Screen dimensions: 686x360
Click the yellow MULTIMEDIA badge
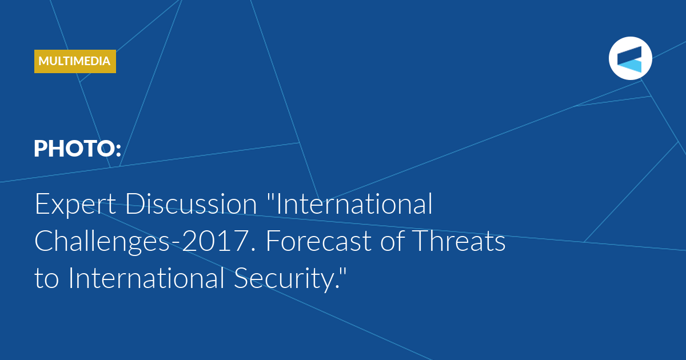75,61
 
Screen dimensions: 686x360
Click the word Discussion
191,203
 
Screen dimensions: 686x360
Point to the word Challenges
102,242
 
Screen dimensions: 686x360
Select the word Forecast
318,241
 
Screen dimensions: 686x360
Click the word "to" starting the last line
46,279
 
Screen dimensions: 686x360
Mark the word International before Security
146,278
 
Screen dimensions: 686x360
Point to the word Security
283,279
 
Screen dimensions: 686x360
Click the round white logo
630,58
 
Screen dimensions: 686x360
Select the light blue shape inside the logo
632,66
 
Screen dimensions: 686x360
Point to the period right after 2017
253,250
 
